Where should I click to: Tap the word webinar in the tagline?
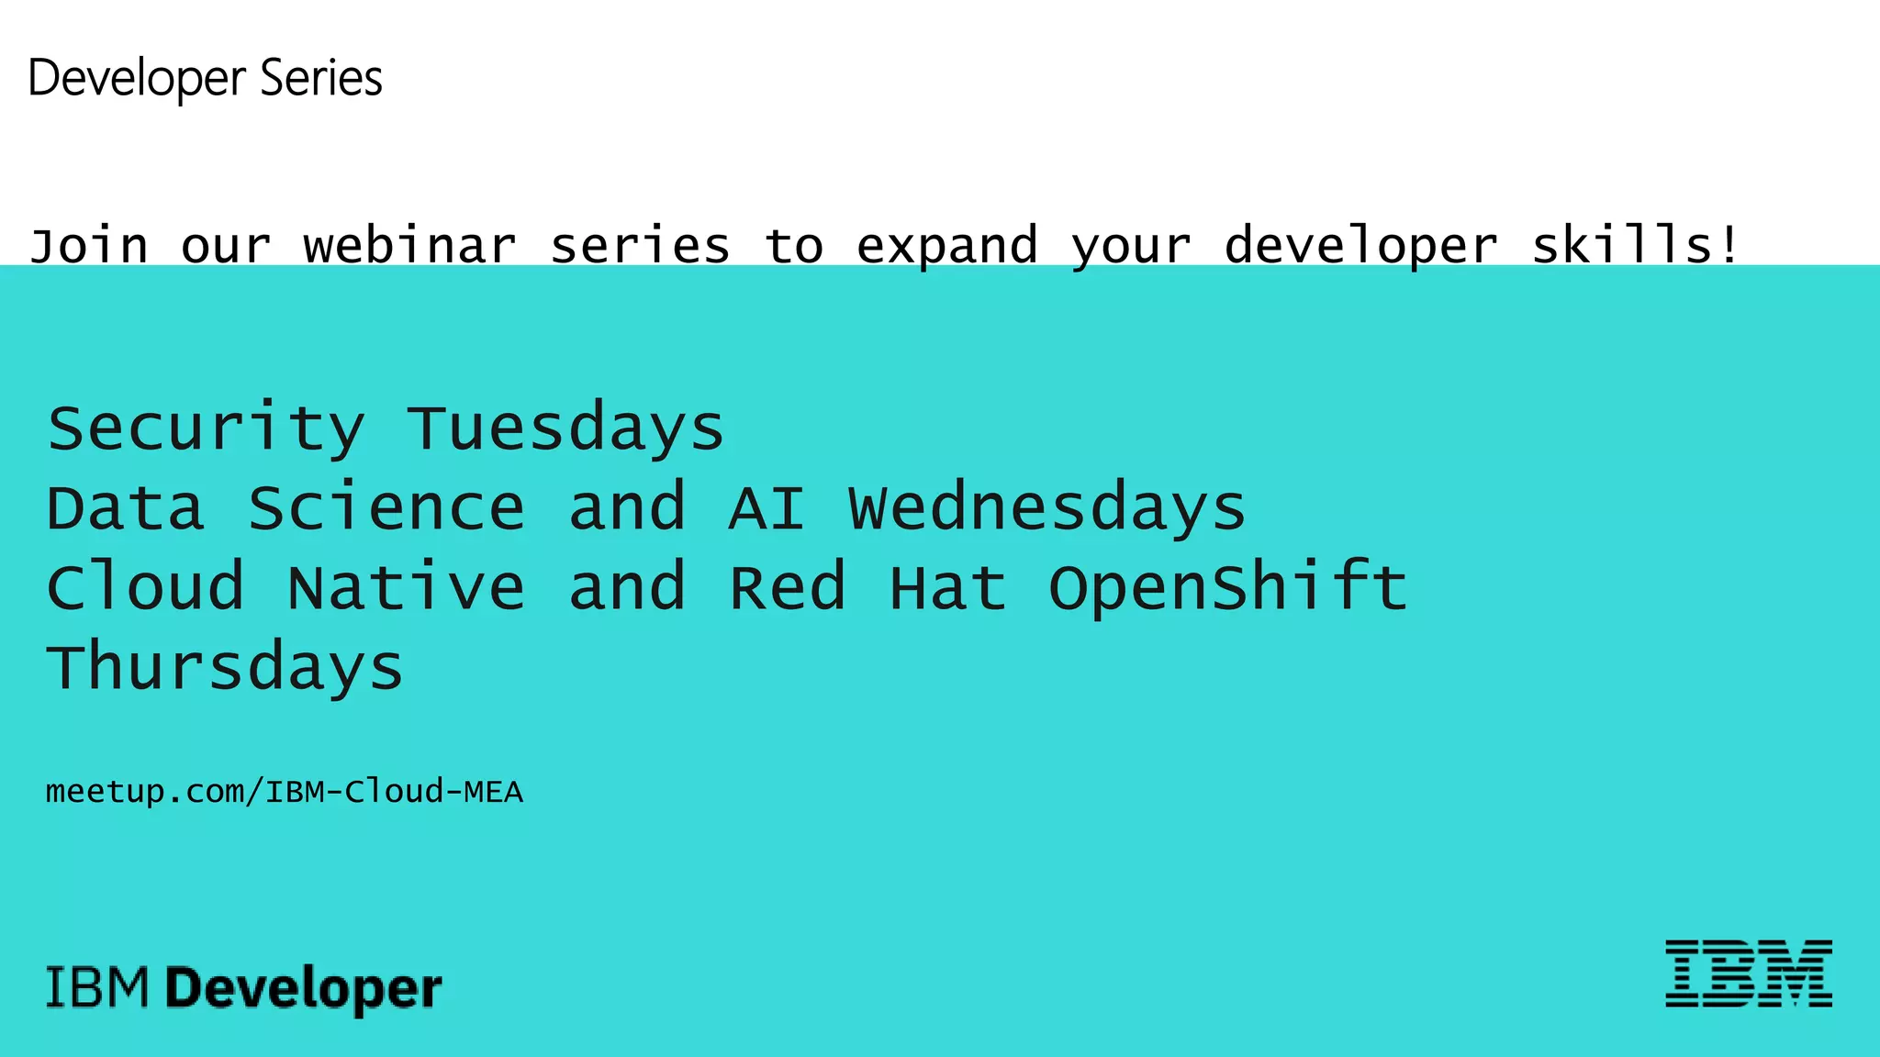coord(410,246)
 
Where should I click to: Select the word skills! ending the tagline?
coord(1636,246)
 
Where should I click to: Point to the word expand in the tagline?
coord(946,246)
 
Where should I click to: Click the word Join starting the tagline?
coord(88,246)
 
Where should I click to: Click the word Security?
coord(206,429)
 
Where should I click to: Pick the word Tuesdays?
coord(565,429)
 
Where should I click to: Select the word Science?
coord(386,508)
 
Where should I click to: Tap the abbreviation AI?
coord(767,508)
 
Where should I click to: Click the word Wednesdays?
coord(1046,508)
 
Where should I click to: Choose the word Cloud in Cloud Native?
coord(145,588)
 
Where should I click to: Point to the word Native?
coord(406,588)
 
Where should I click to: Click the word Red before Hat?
coord(787,588)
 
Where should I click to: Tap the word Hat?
coord(947,588)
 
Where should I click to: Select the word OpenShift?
coord(1227,588)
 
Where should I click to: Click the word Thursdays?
coord(225,668)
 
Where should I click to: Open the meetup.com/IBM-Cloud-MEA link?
coord(284,791)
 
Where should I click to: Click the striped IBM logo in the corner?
coord(1748,974)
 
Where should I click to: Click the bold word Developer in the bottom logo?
coord(304,989)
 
